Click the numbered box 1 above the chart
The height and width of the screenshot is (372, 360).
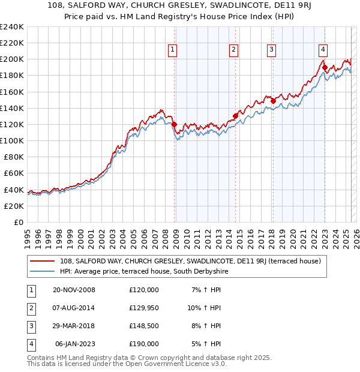173,50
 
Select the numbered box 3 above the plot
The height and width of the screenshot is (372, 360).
271,50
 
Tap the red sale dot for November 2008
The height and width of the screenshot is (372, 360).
175,125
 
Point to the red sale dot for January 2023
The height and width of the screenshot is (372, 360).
325,68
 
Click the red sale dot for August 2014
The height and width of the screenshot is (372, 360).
235,116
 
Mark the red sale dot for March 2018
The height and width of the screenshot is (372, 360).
273,101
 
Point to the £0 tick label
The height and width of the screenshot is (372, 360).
19,222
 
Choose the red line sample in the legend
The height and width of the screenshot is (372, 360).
43,261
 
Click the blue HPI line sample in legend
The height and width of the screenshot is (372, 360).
43,271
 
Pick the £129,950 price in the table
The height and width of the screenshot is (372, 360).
144,308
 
